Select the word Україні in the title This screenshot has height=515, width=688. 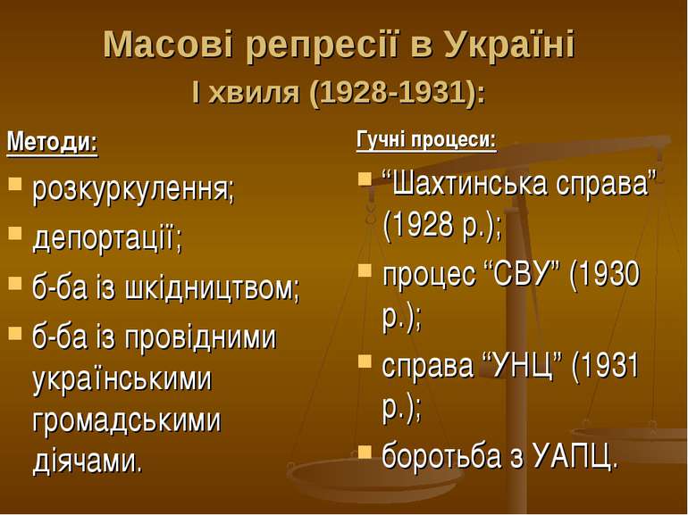point(510,44)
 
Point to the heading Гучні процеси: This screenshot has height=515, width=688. point(426,140)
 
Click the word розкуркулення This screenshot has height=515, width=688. point(130,191)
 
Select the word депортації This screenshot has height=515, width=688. point(105,239)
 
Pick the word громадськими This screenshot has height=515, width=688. point(127,419)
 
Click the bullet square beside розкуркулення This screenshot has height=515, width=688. point(15,183)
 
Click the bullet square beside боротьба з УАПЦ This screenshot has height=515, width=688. point(365,452)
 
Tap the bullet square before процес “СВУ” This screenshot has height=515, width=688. point(365,270)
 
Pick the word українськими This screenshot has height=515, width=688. point(122,378)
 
